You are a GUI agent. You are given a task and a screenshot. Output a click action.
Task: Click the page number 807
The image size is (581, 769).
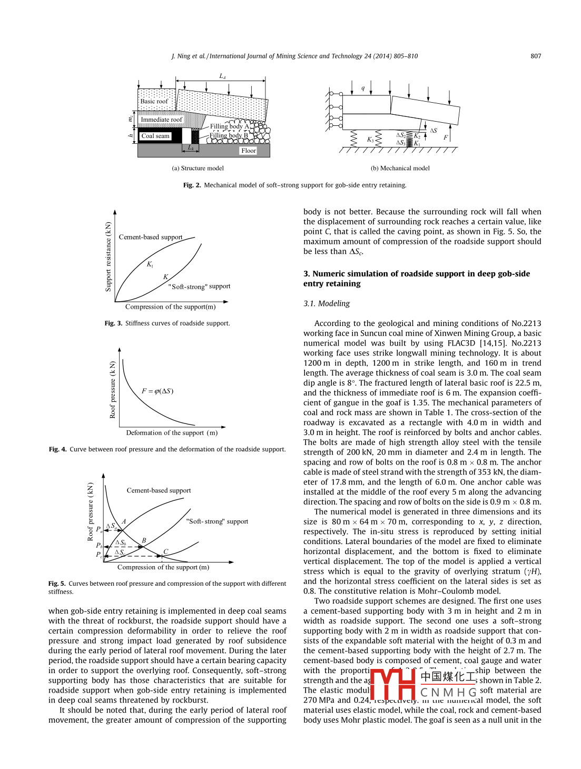pyautogui.click(x=536, y=56)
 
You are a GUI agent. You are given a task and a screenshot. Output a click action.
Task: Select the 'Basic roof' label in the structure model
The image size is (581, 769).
pyautogui.click(x=154, y=101)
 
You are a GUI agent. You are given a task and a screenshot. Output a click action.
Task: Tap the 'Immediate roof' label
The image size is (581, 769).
pyautogui.click(x=161, y=120)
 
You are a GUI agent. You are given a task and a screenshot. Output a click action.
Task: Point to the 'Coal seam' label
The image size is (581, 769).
pyautogui.click(x=155, y=136)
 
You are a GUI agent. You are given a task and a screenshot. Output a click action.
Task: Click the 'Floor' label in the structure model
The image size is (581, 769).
pyautogui.click(x=249, y=151)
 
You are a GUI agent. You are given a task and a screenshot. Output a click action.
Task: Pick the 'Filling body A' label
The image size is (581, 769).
pyautogui.click(x=230, y=126)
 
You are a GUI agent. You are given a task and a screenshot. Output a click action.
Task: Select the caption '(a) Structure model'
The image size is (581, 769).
pyautogui.click(x=198, y=169)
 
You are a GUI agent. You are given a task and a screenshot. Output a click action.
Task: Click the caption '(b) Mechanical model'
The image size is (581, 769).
pyautogui.click(x=400, y=169)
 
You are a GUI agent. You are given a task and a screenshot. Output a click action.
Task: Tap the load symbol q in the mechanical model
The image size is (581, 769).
pyautogui.click(x=363, y=88)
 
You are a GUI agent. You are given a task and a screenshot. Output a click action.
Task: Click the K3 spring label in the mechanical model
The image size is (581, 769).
pyautogui.click(x=370, y=140)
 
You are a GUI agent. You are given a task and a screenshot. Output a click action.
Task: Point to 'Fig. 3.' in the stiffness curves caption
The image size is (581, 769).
pyautogui.click(x=113, y=323)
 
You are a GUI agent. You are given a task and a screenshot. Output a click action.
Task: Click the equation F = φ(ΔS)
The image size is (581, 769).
pyautogui.click(x=157, y=391)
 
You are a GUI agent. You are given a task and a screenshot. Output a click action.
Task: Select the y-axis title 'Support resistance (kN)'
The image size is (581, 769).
pyautogui.click(x=109, y=257)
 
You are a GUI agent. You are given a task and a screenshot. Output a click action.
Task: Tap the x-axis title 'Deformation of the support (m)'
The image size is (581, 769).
pyautogui.click(x=172, y=433)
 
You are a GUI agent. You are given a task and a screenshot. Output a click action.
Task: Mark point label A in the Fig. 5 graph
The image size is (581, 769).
pyautogui.click(x=124, y=521)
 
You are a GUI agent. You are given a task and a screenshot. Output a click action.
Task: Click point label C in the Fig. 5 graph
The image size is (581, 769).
pyautogui.click(x=165, y=551)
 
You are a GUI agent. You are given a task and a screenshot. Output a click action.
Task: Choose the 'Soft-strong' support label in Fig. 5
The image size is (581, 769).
pyautogui.click(x=217, y=521)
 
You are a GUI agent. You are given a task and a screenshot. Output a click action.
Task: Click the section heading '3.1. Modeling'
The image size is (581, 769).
pyautogui.click(x=327, y=304)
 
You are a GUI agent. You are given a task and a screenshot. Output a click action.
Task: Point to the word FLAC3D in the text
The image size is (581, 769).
pyautogui.click(x=461, y=343)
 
